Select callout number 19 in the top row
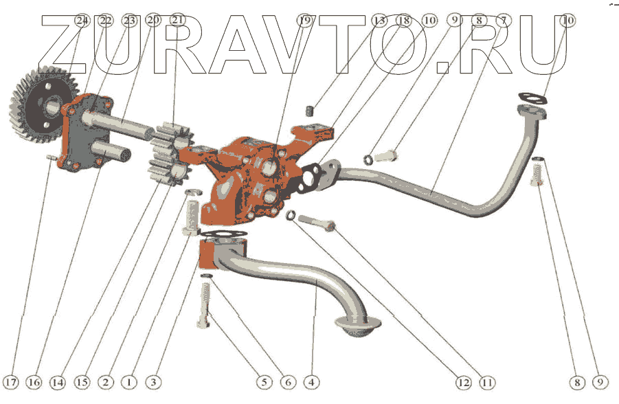point(305,21)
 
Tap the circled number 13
point(379,21)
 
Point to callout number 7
point(504,21)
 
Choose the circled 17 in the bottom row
point(11,381)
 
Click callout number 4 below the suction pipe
point(311,381)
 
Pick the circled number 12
point(462,381)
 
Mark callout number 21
point(178,21)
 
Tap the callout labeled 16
point(34,381)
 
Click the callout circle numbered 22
point(105,21)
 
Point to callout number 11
point(487,381)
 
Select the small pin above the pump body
point(310,110)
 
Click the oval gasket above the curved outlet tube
point(532,98)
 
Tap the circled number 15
point(82,381)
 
